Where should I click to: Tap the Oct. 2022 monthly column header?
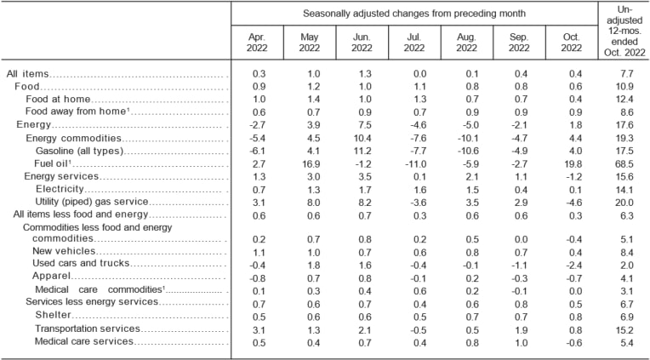(568, 45)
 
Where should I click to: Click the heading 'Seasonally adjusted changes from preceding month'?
(413, 13)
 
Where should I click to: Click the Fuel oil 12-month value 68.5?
(624, 163)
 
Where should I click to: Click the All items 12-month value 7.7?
(624, 75)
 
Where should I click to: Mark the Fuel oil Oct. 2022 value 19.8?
(567, 163)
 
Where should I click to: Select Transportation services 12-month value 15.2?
(624, 329)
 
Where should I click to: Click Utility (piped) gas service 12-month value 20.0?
(624, 201)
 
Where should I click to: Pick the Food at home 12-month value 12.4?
(624, 100)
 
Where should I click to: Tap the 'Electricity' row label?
(60, 188)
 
